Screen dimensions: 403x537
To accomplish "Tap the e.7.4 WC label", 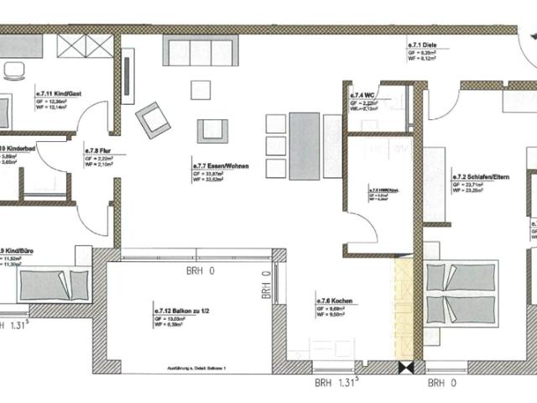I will click(x=362, y=96).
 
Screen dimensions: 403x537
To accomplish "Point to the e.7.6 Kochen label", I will click(x=332, y=301).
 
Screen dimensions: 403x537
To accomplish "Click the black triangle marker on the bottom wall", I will click(x=406, y=368).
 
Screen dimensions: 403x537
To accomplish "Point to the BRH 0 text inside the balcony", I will click(x=200, y=271).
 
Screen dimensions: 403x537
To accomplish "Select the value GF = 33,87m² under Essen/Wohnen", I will click(x=211, y=174).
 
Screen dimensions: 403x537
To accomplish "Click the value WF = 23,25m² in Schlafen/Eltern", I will click(x=467, y=191).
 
